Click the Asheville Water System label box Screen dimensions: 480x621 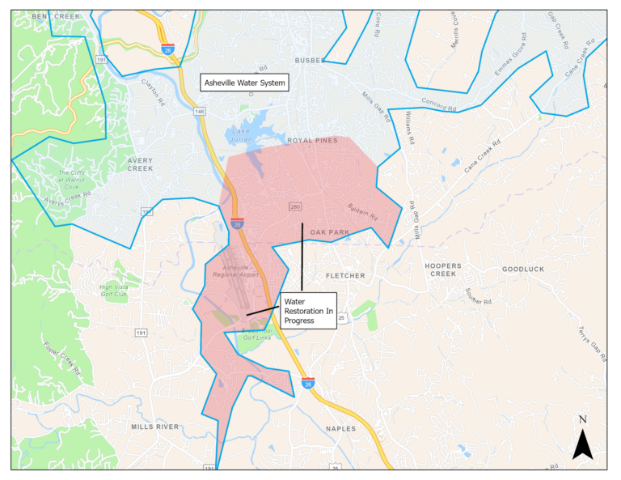[x=243, y=83]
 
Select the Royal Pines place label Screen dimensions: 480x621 [x=312, y=141]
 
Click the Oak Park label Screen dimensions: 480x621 [x=330, y=232]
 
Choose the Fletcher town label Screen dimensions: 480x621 [x=345, y=276]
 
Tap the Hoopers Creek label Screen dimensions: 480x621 [x=443, y=270]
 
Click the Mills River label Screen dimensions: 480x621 [x=154, y=426]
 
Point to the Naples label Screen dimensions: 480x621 [x=340, y=429]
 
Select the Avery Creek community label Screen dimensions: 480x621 [x=140, y=164]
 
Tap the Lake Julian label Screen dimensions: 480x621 [x=242, y=134]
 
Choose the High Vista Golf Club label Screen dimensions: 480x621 [x=114, y=291]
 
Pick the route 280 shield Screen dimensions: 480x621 [x=295, y=207]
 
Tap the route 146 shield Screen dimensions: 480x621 [x=199, y=111]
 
